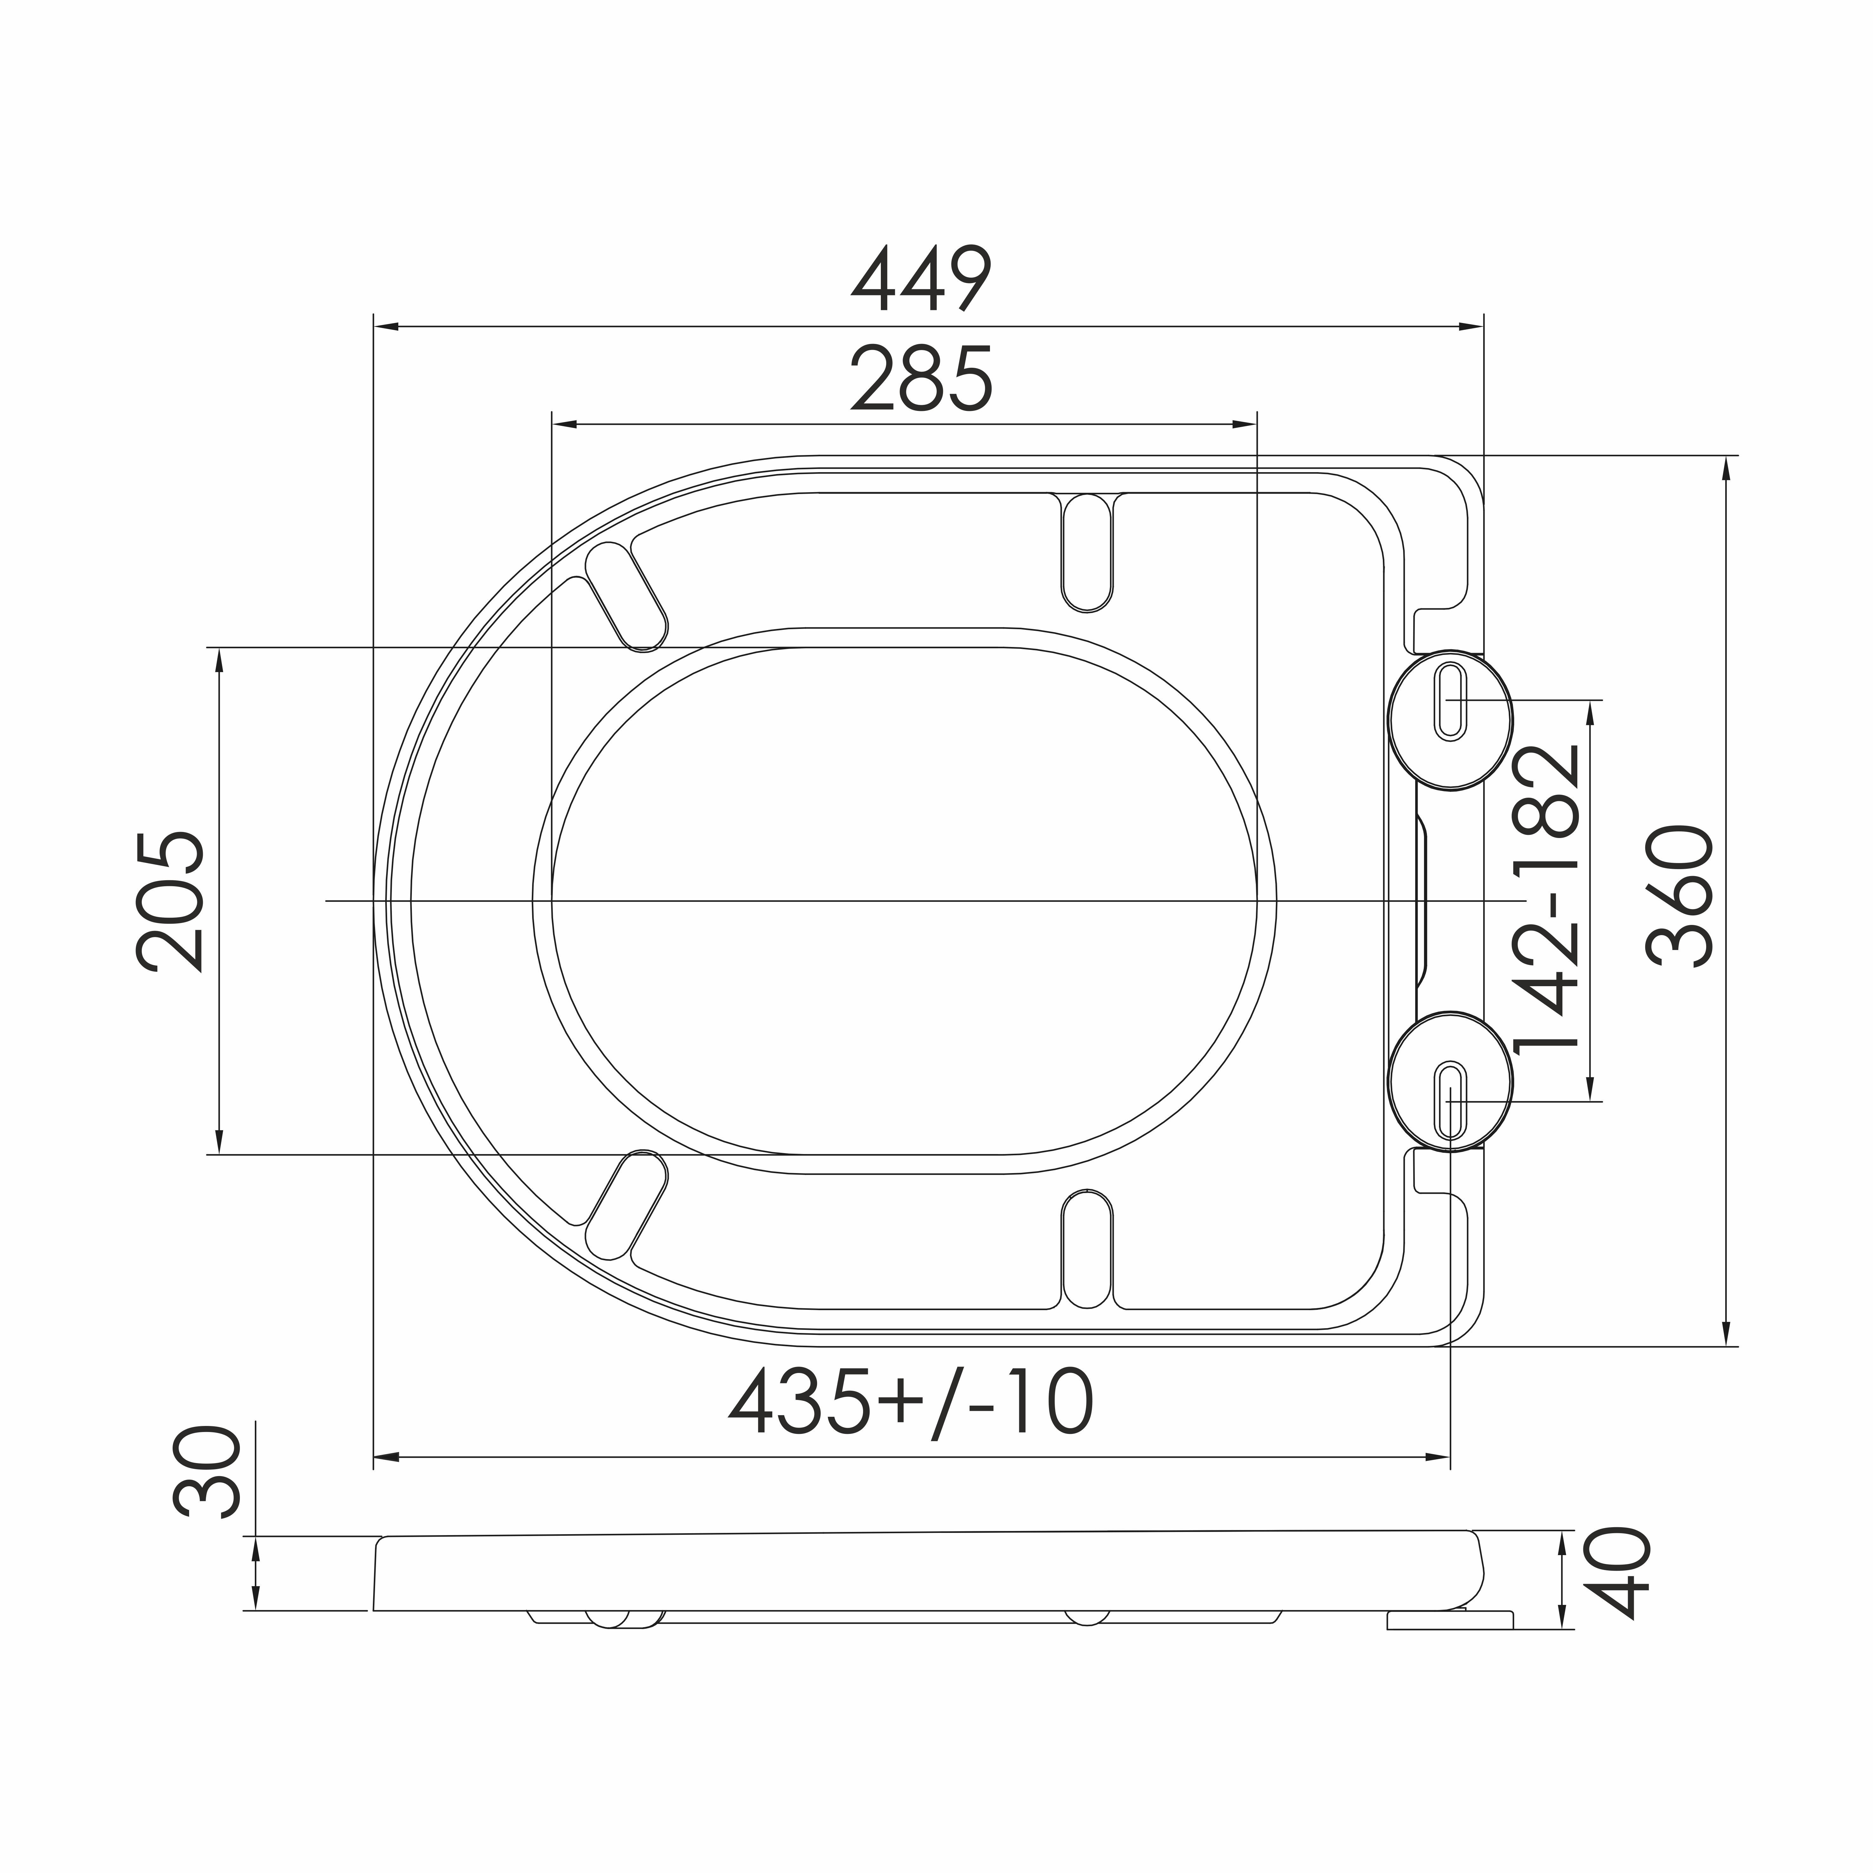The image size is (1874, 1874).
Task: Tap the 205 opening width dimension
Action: (171, 901)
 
